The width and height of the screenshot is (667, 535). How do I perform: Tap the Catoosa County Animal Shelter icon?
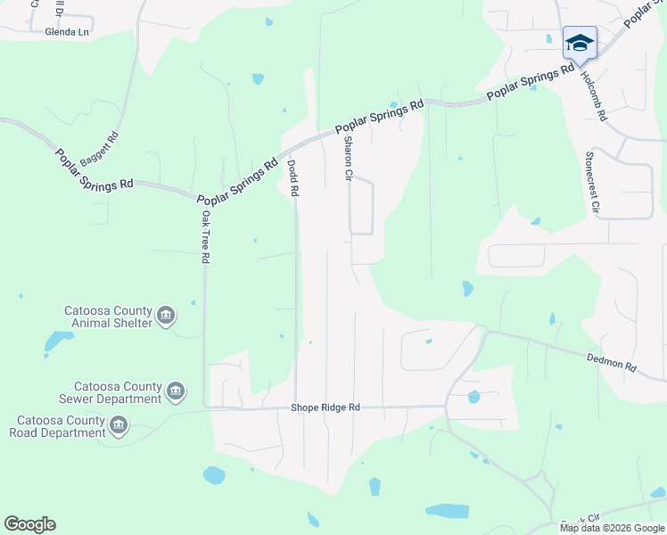pyautogui.click(x=166, y=316)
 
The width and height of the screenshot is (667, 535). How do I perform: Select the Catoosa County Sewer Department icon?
pyautogui.click(x=176, y=391)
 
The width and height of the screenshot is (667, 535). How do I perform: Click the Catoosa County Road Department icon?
pyautogui.click(x=119, y=426)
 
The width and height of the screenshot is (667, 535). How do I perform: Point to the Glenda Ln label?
pyautogui.click(x=68, y=31)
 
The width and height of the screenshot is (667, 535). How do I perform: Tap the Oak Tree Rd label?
pyautogui.click(x=205, y=236)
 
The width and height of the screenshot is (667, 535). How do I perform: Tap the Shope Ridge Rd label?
pyautogui.click(x=325, y=407)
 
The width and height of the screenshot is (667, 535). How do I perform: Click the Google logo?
pyautogui.click(x=29, y=524)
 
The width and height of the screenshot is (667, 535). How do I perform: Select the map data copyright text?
pyautogui.click(x=612, y=528)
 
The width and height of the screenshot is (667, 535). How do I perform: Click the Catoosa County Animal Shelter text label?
pyautogui.click(x=107, y=317)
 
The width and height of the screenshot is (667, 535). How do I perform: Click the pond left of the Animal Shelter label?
pyautogui.click(x=58, y=341)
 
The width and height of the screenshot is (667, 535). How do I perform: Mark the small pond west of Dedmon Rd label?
pyautogui.click(x=552, y=318)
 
